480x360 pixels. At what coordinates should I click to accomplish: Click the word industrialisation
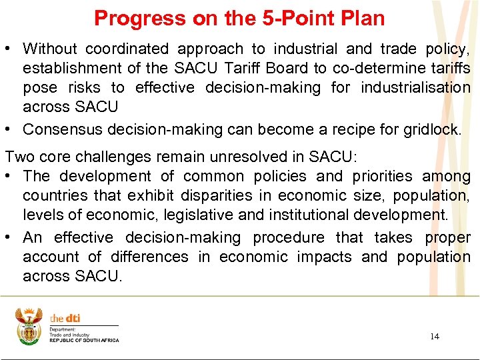[x=415, y=87]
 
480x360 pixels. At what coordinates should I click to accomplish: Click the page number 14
[x=434, y=336]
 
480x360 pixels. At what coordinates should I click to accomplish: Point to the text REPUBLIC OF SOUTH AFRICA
[x=84, y=341]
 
